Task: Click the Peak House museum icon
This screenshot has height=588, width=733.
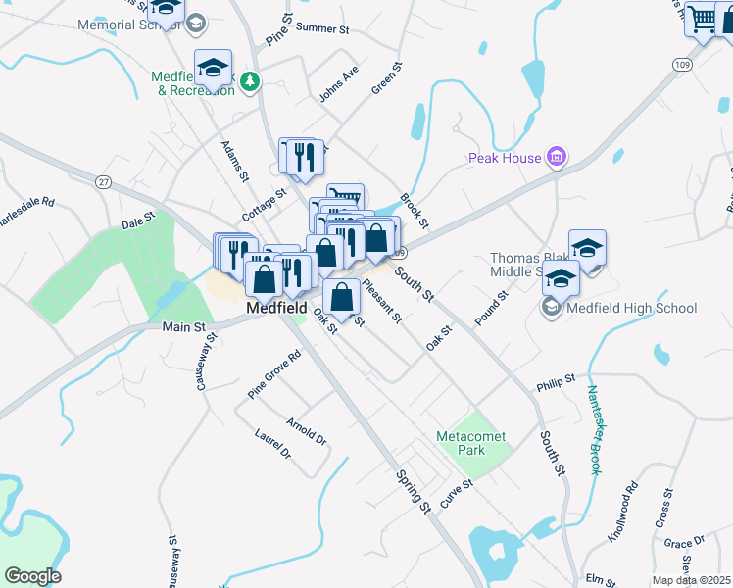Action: [557, 157]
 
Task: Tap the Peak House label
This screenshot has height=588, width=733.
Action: [505, 158]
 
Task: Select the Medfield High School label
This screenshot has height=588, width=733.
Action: [630, 308]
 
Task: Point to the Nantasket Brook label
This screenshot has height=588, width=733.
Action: [594, 429]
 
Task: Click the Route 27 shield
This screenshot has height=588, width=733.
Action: [103, 181]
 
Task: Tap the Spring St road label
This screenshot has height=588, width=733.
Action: [414, 491]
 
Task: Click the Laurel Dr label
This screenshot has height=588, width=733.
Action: [273, 444]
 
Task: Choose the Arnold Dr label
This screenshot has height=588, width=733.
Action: [306, 430]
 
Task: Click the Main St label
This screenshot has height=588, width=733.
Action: [183, 326]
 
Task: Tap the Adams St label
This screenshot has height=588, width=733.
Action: [235, 161]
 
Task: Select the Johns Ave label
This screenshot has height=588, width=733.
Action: [339, 84]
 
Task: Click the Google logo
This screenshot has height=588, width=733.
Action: [32, 576]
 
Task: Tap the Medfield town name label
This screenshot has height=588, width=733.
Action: [277, 308]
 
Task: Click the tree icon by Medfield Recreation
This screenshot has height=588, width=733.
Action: [250, 80]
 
